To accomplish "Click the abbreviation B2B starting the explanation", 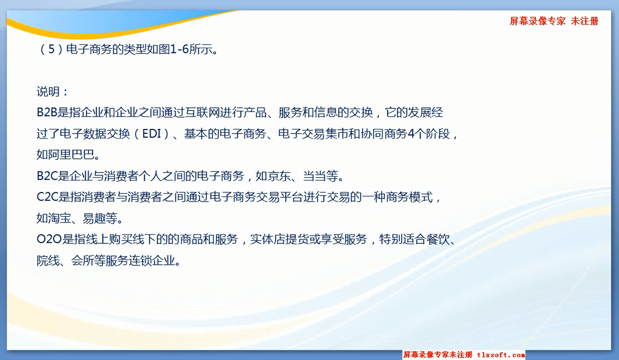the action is pos(47,112).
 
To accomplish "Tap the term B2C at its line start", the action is pos(47,176).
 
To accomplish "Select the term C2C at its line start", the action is pos(47,197).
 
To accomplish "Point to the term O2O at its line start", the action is pos(49,239).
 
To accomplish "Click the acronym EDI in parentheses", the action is pos(151,134).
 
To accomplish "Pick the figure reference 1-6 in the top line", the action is pos(179,49).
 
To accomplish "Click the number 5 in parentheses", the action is pos(52,49).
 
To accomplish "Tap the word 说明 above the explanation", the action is pos(48,91).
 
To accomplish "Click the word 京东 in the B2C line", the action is pos(267,176).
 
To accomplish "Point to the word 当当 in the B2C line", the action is pos(314,176).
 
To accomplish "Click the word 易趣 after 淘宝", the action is pos(94,218).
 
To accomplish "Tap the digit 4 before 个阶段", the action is pos(411,134).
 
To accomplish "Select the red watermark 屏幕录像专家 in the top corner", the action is pos(537,21).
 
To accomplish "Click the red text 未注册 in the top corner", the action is pos(584,21).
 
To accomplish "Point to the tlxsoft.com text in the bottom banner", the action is pos(501,354).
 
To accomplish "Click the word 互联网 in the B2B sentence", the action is pos(202,112).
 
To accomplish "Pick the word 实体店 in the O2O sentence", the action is pos(267,239).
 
